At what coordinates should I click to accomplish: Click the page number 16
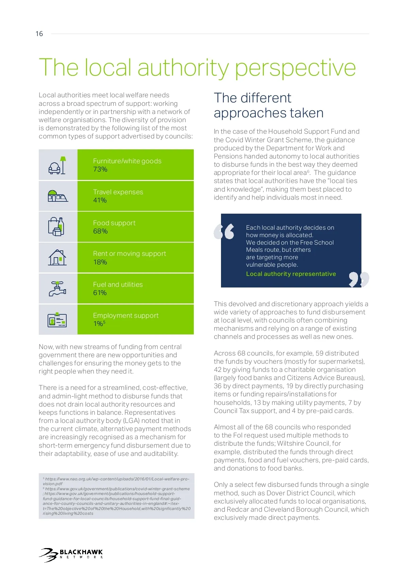(x=39, y=34)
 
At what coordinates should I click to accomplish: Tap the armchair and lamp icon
(x=57, y=165)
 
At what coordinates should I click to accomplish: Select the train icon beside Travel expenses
(x=57, y=196)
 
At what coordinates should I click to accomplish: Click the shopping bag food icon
(x=56, y=226)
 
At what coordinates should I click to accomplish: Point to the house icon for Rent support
(x=57, y=258)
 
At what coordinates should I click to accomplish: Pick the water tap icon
(x=57, y=288)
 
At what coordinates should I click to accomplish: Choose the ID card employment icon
(x=57, y=319)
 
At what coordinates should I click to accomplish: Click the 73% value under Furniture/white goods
(x=100, y=169)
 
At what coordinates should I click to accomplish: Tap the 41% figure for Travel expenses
(x=100, y=200)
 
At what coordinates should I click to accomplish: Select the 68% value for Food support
(x=100, y=231)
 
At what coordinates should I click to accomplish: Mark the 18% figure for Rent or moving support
(x=100, y=262)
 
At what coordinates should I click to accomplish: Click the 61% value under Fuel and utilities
(x=100, y=293)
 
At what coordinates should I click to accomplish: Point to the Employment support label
(x=126, y=315)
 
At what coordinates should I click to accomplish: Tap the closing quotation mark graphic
(x=359, y=279)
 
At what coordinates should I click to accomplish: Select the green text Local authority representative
(x=291, y=274)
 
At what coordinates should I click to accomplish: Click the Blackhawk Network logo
(x=71, y=555)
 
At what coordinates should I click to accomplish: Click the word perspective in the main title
(x=295, y=68)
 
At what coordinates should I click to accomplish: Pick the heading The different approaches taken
(x=269, y=105)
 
